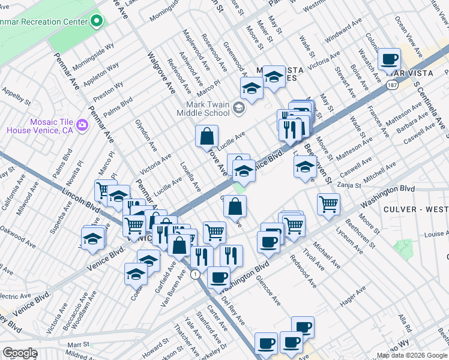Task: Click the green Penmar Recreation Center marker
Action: coord(97,22)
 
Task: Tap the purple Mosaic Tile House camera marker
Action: coord(82,125)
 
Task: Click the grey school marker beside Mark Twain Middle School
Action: coord(239,109)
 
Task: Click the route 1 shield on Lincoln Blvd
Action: coord(195,274)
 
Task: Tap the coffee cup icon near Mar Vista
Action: coord(390,59)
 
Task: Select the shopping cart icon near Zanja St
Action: coord(328,203)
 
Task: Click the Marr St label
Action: coord(78,345)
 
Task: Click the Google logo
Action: coord(20,353)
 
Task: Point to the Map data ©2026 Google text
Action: coord(412,355)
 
